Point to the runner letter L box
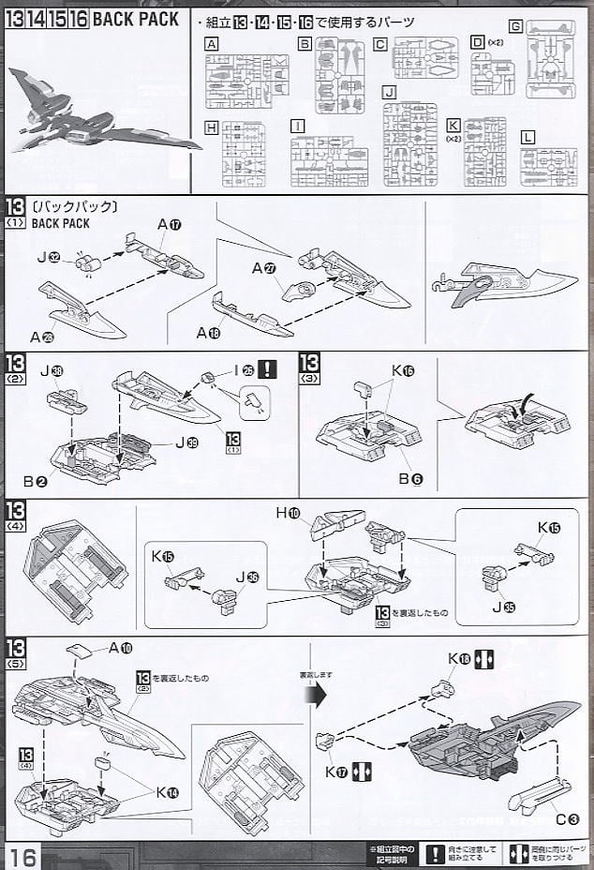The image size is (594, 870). click(527, 137)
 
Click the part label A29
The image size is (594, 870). click(41, 337)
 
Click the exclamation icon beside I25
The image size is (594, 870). click(269, 369)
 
